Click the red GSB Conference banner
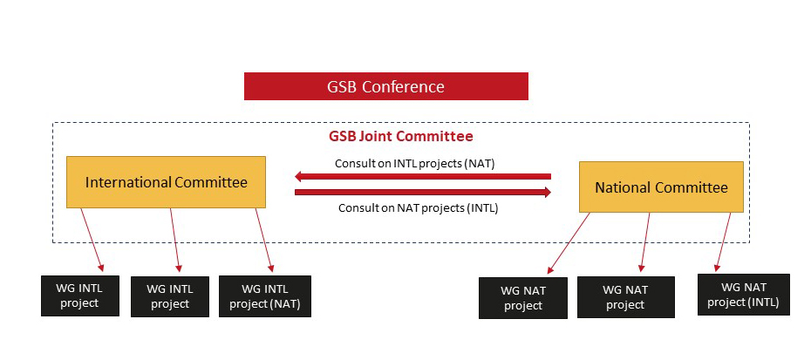tap(385, 86)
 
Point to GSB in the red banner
tap(342, 86)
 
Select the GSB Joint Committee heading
tap(401, 137)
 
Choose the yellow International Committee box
tap(166, 182)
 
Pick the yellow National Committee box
tap(661, 187)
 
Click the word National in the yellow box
tap(621, 187)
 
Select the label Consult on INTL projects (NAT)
tap(415, 164)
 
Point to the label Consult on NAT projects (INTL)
tap(418, 208)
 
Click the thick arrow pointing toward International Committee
tap(423, 177)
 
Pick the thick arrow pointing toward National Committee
tap(423, 193)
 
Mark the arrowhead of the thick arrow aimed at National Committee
tap(548, 193)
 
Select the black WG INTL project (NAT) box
tap(265, 295)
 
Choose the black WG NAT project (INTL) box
tap(744, 295)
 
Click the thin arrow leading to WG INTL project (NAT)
tap(264, 240)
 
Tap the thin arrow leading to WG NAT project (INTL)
tap(723, 241)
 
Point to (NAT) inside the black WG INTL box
tap(285, 303)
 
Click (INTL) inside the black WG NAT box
tap(762, 302)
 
